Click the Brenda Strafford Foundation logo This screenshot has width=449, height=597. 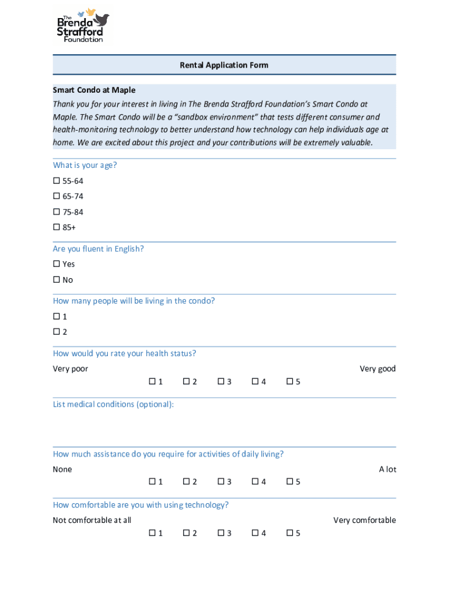click(x=83, y=25)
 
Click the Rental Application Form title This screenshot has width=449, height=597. click(x=224, y=65)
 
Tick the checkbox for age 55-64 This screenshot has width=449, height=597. click(x=57, y=181)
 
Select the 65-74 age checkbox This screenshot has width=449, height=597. click(x=57, y=196)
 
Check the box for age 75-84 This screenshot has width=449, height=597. click(x=57, y=212)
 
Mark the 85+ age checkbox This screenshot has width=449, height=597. click(x=57, y=227)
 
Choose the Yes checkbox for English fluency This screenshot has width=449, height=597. click(x=57, y=264)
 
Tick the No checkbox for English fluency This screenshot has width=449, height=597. click(x=57, y=280)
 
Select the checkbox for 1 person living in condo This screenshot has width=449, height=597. click(x=57, y=317)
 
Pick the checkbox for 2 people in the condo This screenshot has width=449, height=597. click(x=57, y=332)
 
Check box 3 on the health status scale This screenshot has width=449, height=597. click(x=221, y=381)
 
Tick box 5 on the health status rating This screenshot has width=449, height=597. click(x=290, y=381)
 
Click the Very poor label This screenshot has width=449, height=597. click(x=71, y=368)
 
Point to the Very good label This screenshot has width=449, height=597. click(x=377, y=368)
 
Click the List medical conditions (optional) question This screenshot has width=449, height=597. click(x=113, y=405)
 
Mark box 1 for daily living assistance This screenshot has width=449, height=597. click(x=152, y=482)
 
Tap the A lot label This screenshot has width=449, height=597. click(x=387, y=469)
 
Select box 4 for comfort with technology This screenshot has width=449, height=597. click(x=255, y=533)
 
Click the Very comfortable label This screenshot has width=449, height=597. click(x=364, y=520)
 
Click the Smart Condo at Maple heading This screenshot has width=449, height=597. click(x=94, y=90)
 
